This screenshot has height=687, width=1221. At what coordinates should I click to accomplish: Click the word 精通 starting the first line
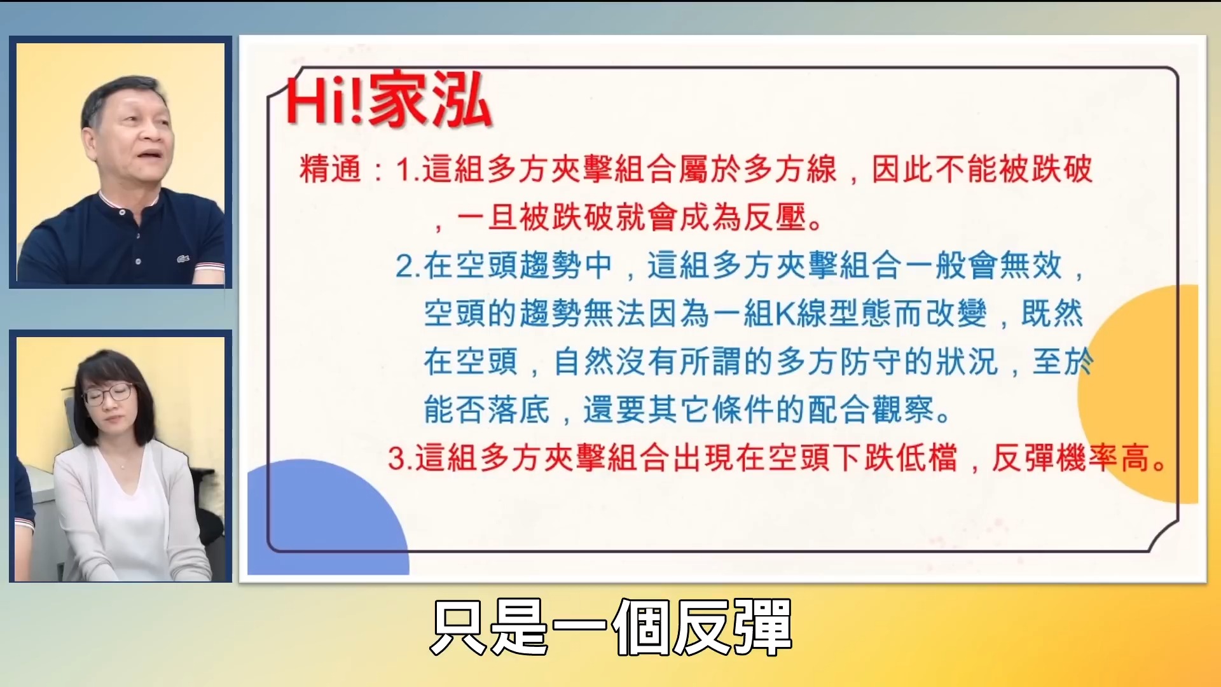coord(330,170)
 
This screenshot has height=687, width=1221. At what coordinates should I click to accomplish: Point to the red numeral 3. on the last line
coord(400,459)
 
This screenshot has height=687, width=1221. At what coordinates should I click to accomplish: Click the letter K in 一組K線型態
coord(785,314)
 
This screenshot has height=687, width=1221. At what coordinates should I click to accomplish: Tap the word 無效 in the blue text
coord(1030,266)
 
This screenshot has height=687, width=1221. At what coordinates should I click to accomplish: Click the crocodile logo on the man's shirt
coord(183,259)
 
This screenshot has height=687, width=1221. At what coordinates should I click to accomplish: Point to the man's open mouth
coord(151,155)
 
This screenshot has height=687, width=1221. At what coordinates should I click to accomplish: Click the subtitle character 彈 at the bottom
coord(762,628)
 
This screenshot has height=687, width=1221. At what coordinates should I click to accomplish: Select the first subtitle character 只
coord(459,628)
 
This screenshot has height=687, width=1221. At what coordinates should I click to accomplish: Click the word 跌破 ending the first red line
coord(1062,170)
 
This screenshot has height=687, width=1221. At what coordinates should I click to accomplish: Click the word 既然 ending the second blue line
coord(1052,314)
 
